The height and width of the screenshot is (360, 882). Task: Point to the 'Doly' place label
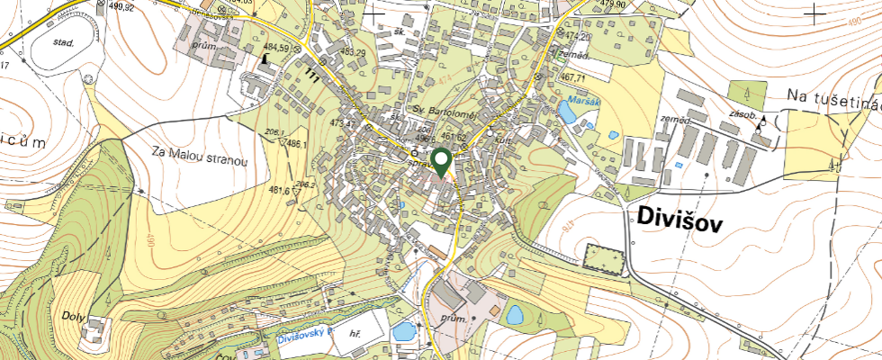coord(75,318)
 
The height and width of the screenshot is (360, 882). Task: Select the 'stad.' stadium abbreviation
coord(62,41)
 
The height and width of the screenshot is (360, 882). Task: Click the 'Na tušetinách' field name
coord(832,96)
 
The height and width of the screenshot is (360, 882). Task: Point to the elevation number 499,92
coord(119,7)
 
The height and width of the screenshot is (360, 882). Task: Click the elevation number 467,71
coord(573,79)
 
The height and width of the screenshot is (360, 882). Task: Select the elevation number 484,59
coord(276,48)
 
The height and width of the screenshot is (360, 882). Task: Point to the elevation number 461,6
coord(279,191)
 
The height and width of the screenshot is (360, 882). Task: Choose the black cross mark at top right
coord(814,13)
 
